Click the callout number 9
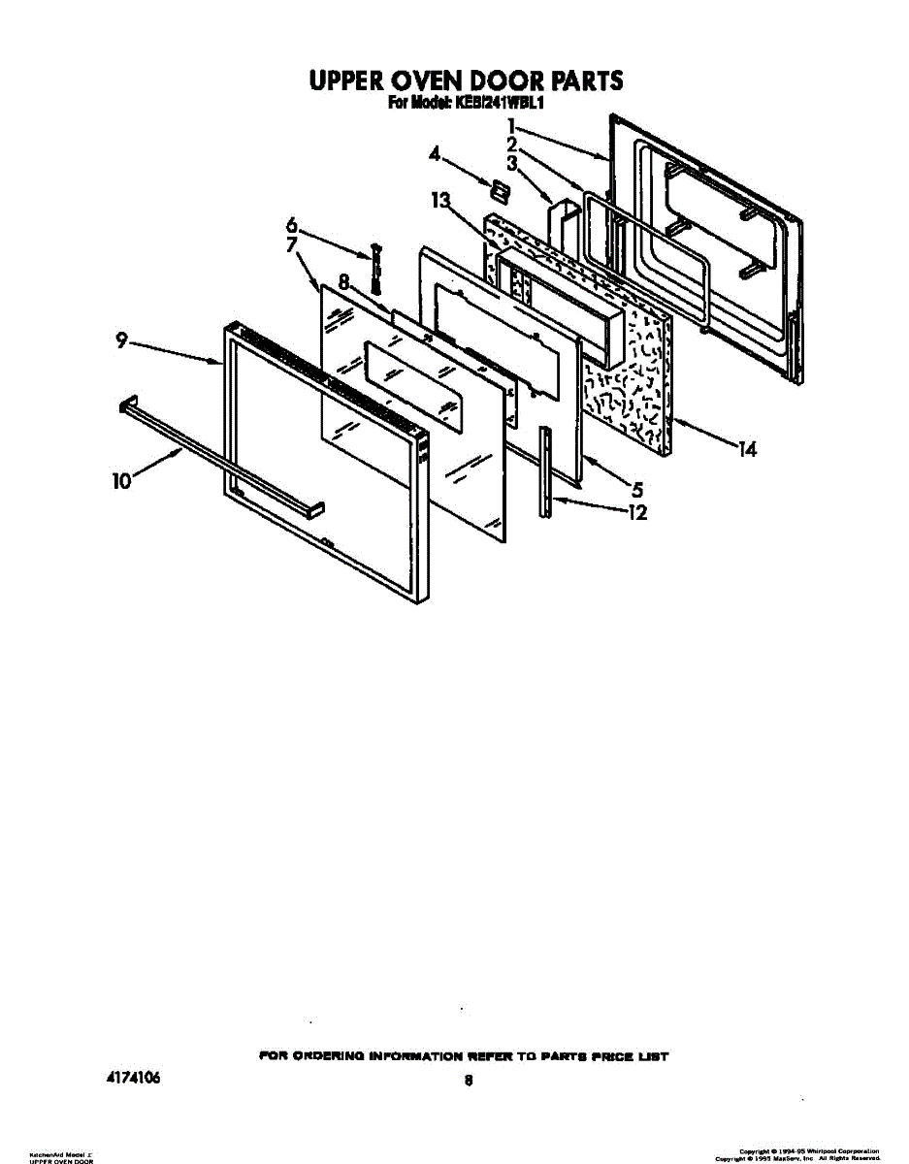[121, 340]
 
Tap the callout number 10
[122, 480]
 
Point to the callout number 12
[636, 513]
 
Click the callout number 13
[441, 201]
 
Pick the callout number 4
[436, 153]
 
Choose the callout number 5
[636, 491]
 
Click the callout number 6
[290, 225]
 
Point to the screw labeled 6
[376, 268]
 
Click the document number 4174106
[131, 1078]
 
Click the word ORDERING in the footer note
[327, 1055]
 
